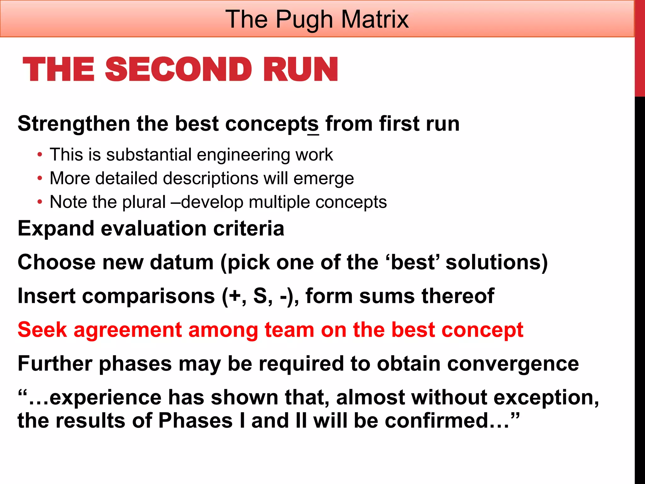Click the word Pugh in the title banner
point(304,20)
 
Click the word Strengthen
point(74,124)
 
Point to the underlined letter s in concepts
point(313,125)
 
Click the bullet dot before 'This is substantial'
point(40,155)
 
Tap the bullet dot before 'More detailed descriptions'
point(40,178)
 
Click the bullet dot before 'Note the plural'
point(40,202)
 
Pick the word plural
point(144,202)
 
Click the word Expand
point(56,228)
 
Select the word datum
point(182,262)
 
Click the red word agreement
point(128,330)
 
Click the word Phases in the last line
point(195,420)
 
